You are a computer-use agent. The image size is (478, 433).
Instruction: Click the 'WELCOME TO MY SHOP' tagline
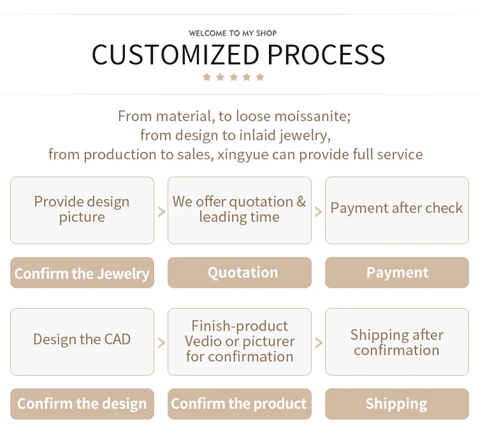pos(233,33)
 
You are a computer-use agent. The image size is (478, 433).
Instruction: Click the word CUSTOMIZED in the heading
pos(175,55)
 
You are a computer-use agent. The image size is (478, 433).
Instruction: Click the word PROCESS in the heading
pos(326,55)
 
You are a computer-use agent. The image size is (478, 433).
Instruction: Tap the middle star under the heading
pos(233,77)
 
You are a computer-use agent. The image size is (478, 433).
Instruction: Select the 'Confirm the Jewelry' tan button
pos(82,272)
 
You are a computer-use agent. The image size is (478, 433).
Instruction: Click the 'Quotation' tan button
pos(240,272)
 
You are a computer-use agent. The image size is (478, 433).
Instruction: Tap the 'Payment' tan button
pos(397,272)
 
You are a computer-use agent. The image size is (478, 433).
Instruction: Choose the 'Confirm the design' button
pos(82,404)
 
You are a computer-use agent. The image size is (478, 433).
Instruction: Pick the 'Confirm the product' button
pos(240,404)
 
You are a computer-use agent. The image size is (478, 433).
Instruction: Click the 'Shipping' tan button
pos(397,404)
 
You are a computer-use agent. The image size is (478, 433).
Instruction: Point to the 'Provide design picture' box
pos(82,210)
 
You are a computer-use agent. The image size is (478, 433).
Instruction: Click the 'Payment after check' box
pos(397,210)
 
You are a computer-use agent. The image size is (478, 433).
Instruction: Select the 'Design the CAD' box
pos(82,342)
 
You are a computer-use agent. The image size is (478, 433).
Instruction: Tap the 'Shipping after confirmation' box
pos(397,342)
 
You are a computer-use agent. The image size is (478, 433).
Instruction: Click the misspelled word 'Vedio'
pos(203,341)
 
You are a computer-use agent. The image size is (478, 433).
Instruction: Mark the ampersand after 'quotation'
pos(301,202)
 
